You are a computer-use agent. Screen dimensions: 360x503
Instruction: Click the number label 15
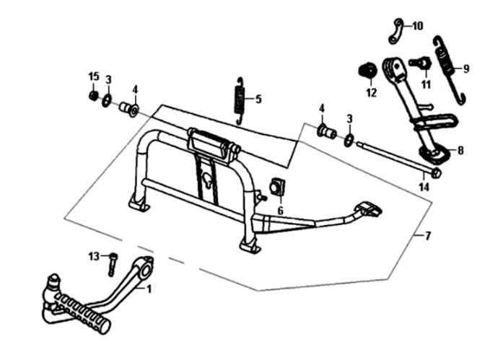(92, 77)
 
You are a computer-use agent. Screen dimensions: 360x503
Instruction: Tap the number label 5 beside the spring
(258, 98)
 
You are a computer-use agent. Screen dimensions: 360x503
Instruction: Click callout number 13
(94, 256)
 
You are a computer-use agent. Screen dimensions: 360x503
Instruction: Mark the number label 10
(418, 26)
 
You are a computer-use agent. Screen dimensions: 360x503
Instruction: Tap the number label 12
(371, 92)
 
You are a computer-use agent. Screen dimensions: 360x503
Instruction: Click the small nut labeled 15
(93, 96)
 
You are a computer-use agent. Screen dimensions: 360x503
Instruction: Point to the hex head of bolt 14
(434, 174)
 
